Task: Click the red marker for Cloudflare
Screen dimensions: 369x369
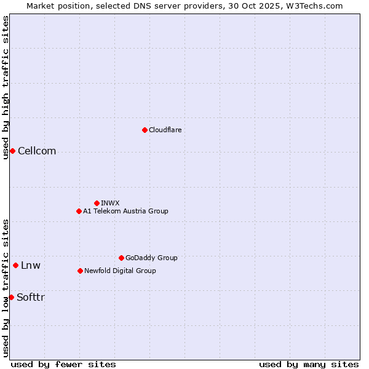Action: pos(145,130)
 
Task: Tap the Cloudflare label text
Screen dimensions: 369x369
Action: pos(165,130)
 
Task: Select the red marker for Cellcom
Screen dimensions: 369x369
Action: pos(12,151)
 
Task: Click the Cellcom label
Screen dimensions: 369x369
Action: pos(37,151)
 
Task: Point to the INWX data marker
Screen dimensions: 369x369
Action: pos(97,203)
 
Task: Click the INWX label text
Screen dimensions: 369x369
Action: pos(110,203)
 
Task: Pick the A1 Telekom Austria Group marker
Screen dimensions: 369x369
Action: pos(79,211)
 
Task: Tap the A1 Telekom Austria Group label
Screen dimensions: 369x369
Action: pos(125,211)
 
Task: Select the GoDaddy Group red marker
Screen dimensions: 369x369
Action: pos(121,258)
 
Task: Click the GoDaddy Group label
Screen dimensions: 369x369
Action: pos(151,258)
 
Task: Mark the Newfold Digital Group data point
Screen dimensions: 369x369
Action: pos(80,271)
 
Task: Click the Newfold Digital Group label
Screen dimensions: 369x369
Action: pos(120,271)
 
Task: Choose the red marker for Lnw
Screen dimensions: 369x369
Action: pos(15,266)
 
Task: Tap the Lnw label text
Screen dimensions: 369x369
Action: pos(31,266)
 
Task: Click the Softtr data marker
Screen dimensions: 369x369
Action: pos(11,298)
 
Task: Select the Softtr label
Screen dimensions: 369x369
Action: pos(31,298)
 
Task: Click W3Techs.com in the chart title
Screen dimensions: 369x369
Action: pos(317,6)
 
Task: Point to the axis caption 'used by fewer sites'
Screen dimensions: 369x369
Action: pos(63,364)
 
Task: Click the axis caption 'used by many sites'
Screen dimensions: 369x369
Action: pos(309,364)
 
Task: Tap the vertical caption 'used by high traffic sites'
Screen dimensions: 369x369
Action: pos(6,87)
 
